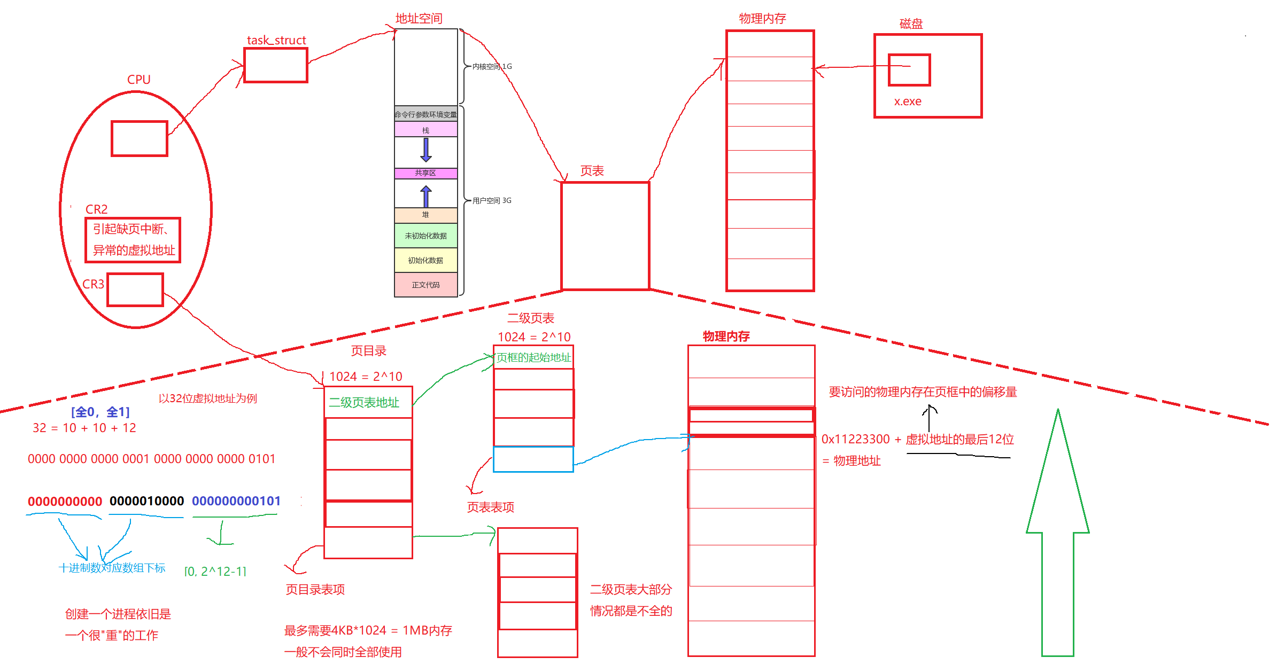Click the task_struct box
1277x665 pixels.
click(275, 65)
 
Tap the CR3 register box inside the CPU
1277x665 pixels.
click(135, 290)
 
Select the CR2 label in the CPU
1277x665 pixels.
click(96, 209)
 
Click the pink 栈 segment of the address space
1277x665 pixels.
click(425, 130)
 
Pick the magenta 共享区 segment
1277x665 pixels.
click(425, 173)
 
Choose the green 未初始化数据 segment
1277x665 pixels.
click(425, 236)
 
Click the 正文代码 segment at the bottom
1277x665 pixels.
click(425, 285)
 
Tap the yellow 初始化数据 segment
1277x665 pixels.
click(425, 261)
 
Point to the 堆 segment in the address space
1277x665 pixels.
click(425, 215)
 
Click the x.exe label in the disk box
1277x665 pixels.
click(908, 101)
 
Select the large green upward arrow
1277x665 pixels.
click(1057, 534)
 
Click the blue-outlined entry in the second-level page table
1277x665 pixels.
click(533, 459)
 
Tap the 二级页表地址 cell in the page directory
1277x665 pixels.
click(368, 402)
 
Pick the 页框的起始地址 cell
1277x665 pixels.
click(533, 357)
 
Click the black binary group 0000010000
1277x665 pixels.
click(146, 501)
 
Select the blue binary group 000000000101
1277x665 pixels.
click(236, 501)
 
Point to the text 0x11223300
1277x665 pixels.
click(855, 439)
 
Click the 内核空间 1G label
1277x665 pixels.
click(492, 66)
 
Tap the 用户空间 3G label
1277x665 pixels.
click(492, 200)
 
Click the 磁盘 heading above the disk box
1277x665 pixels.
click(911, 24)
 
